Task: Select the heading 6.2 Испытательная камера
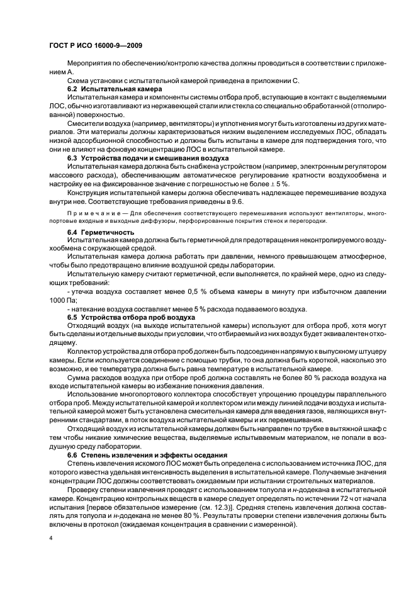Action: pos(106,89)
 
